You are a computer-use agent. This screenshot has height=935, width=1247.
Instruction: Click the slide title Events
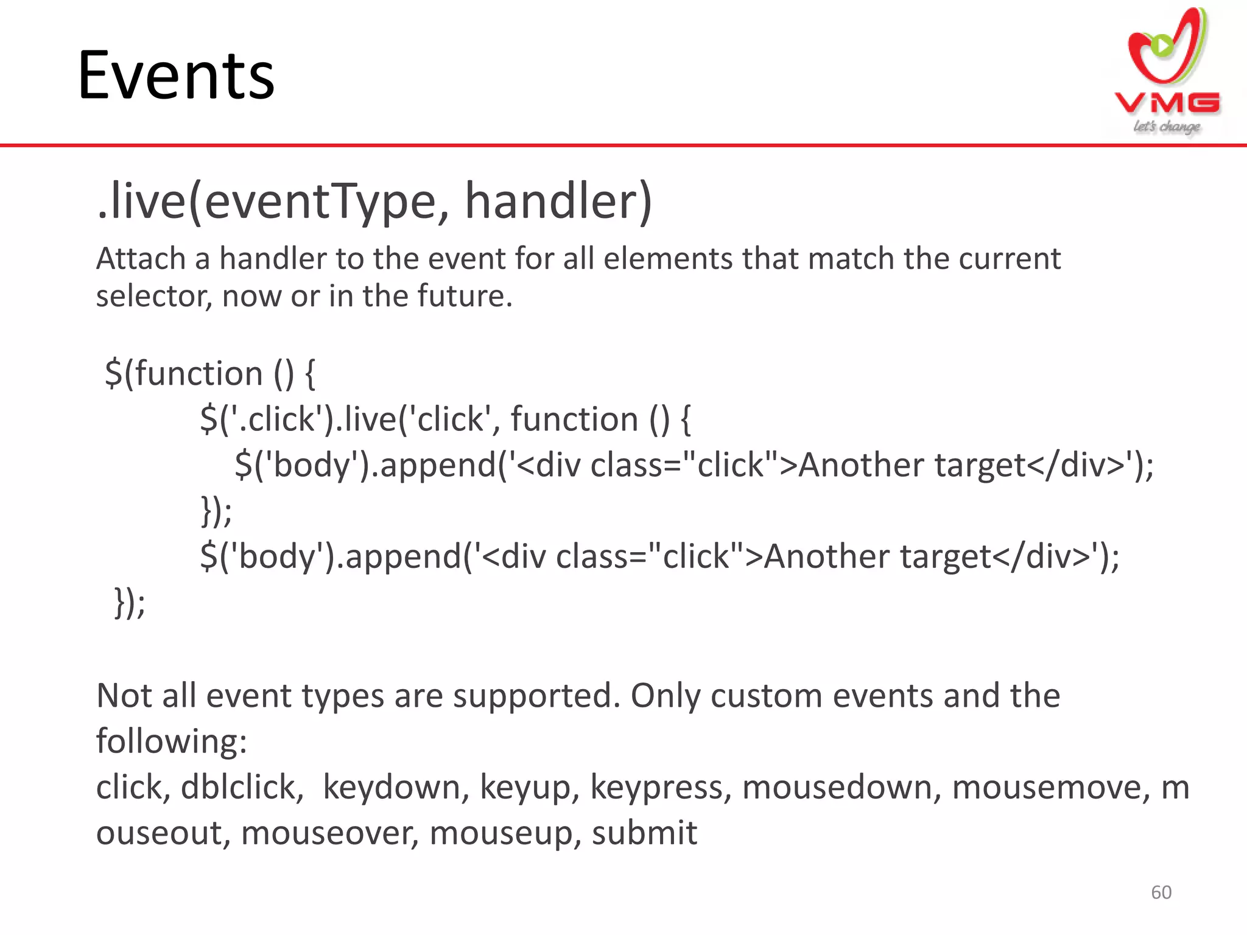tap(177, 76)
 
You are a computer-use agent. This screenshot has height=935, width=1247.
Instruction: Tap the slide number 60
tap(1161, 892)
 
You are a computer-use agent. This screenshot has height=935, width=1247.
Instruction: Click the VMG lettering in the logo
tap(1167, 103)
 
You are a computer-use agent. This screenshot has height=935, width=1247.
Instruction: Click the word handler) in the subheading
tap(558, 202)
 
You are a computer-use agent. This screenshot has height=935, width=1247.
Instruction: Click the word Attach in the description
tap(141, 259)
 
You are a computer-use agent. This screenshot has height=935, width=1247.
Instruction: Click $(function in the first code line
tap(183, 373)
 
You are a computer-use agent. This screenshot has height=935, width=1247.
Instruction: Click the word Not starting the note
tap(124, 696)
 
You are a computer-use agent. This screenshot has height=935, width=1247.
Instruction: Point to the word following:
tap(171, 741)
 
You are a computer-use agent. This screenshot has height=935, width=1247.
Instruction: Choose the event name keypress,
tap(660, 787)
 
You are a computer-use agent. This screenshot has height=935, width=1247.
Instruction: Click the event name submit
tap(644, 833)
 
